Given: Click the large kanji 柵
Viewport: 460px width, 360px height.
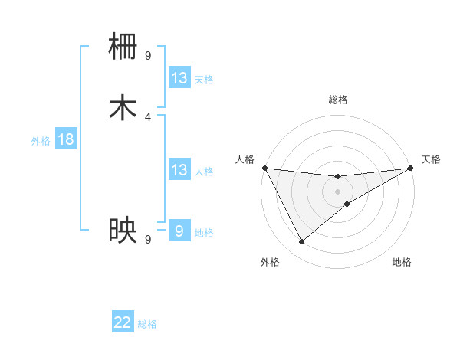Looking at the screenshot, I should coord(123,46).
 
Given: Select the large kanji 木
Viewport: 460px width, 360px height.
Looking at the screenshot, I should coord(123,108).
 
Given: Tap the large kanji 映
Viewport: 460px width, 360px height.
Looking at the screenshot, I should coord(123,230).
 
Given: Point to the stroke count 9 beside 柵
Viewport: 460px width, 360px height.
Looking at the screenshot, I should coord(148,55).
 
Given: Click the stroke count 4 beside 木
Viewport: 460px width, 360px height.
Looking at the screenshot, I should coord(148,116).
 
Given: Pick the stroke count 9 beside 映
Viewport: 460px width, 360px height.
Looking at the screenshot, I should coord(148,239).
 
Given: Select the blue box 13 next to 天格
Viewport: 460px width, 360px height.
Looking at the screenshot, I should coord(179,77).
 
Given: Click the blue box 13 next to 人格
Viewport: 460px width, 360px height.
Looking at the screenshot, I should coord(179,169).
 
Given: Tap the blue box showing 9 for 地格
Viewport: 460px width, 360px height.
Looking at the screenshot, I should coord(179,230).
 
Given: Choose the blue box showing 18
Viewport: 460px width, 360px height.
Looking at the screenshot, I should coord(66,139).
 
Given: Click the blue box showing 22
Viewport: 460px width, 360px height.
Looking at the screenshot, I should coord(123,322).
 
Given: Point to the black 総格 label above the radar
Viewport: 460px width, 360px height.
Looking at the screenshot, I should coord(338,100).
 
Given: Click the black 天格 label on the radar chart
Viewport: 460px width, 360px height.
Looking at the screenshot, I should coord(431,159).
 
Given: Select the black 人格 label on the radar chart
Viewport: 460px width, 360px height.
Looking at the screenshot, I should coord(245,159).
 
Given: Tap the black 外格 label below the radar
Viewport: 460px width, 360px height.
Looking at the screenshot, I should coord(270,263).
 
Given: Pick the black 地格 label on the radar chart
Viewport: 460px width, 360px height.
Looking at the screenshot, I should coord(402,263).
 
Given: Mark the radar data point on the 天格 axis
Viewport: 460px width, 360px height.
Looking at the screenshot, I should coord(411,169).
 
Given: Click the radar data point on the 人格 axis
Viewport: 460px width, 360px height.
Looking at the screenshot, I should coord(264,169).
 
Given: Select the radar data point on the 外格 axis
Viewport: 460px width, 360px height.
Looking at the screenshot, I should coord(301,242).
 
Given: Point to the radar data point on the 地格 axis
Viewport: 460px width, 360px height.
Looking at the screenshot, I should coord(347,204).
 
